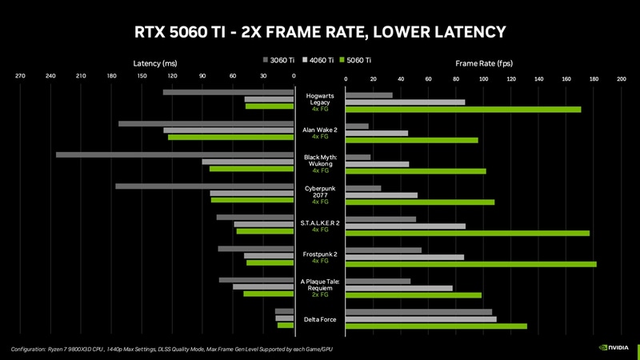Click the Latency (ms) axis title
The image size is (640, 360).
click(x=154, y=62)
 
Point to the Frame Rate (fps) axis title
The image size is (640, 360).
click(x=484, y=62)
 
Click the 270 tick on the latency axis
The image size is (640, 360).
click(x=20, y=77)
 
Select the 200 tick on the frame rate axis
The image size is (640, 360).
click(x=621, y=79)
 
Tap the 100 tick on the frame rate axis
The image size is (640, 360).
click(x=483, y=79)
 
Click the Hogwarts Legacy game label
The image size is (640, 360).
click(x=320, y=99)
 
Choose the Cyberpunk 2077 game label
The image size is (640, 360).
click(x=320, y=191)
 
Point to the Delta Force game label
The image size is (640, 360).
click(x=320, y=320)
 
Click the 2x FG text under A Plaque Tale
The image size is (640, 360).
click(x=320, y=294)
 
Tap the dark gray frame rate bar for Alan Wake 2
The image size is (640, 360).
click(x=357, y=126)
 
